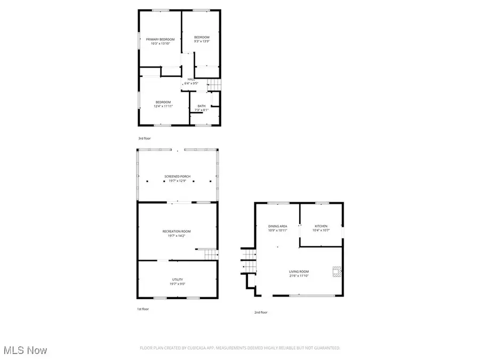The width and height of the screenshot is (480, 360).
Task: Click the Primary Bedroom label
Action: (x=160, y=39)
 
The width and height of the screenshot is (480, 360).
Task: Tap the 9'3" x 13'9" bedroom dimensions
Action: (x=202, y=41)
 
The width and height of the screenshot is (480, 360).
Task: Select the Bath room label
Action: (x=202, y=106)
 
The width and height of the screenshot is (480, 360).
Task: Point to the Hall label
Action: (x=191, y=79)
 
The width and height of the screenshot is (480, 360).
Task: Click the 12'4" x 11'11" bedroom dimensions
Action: (x=163, y=106)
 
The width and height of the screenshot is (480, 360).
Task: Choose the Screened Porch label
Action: (x=178, y=177)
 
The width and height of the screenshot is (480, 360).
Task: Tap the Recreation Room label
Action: (x=177, y=231)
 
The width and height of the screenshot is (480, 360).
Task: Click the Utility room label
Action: (x=178, y=279)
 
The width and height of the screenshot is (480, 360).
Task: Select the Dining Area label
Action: (x=277, y=226)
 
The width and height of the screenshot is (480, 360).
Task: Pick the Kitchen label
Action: (x=321, y=226)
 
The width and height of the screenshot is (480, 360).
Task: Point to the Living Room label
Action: (x=300, y=271)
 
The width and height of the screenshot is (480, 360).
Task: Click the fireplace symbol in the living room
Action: (x=336, y=272)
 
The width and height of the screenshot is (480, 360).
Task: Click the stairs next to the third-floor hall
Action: (x=213, y=85)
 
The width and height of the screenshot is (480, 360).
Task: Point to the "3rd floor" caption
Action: (x=145, y=138)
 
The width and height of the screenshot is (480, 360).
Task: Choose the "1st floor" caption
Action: (x=143, y=309)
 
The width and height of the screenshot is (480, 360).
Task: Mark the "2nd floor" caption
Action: (x=261, y=312)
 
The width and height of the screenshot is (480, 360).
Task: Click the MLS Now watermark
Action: (x=25, y=350)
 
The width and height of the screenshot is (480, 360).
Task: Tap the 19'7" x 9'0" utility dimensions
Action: (x=178, y=284)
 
